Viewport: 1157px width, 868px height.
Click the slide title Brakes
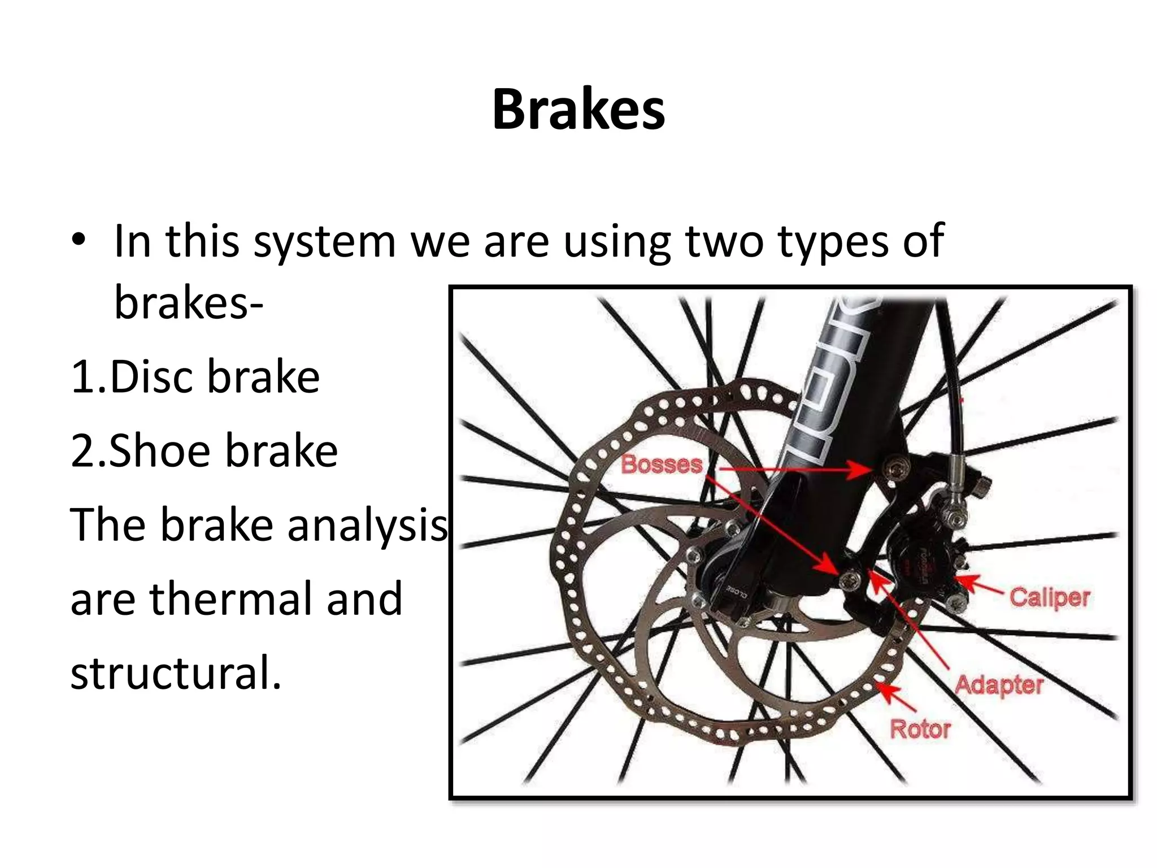pos(578,110)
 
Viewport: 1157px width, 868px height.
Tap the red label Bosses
pos(662,465)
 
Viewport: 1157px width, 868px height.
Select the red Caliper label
pos(1050,597)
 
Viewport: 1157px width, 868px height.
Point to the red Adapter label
pos(999,685)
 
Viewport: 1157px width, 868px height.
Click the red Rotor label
pos(920,729)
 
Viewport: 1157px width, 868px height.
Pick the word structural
pos(175,674)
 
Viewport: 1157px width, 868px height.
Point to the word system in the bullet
pos(324,242)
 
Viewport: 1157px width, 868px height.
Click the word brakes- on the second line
pos(189,303)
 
